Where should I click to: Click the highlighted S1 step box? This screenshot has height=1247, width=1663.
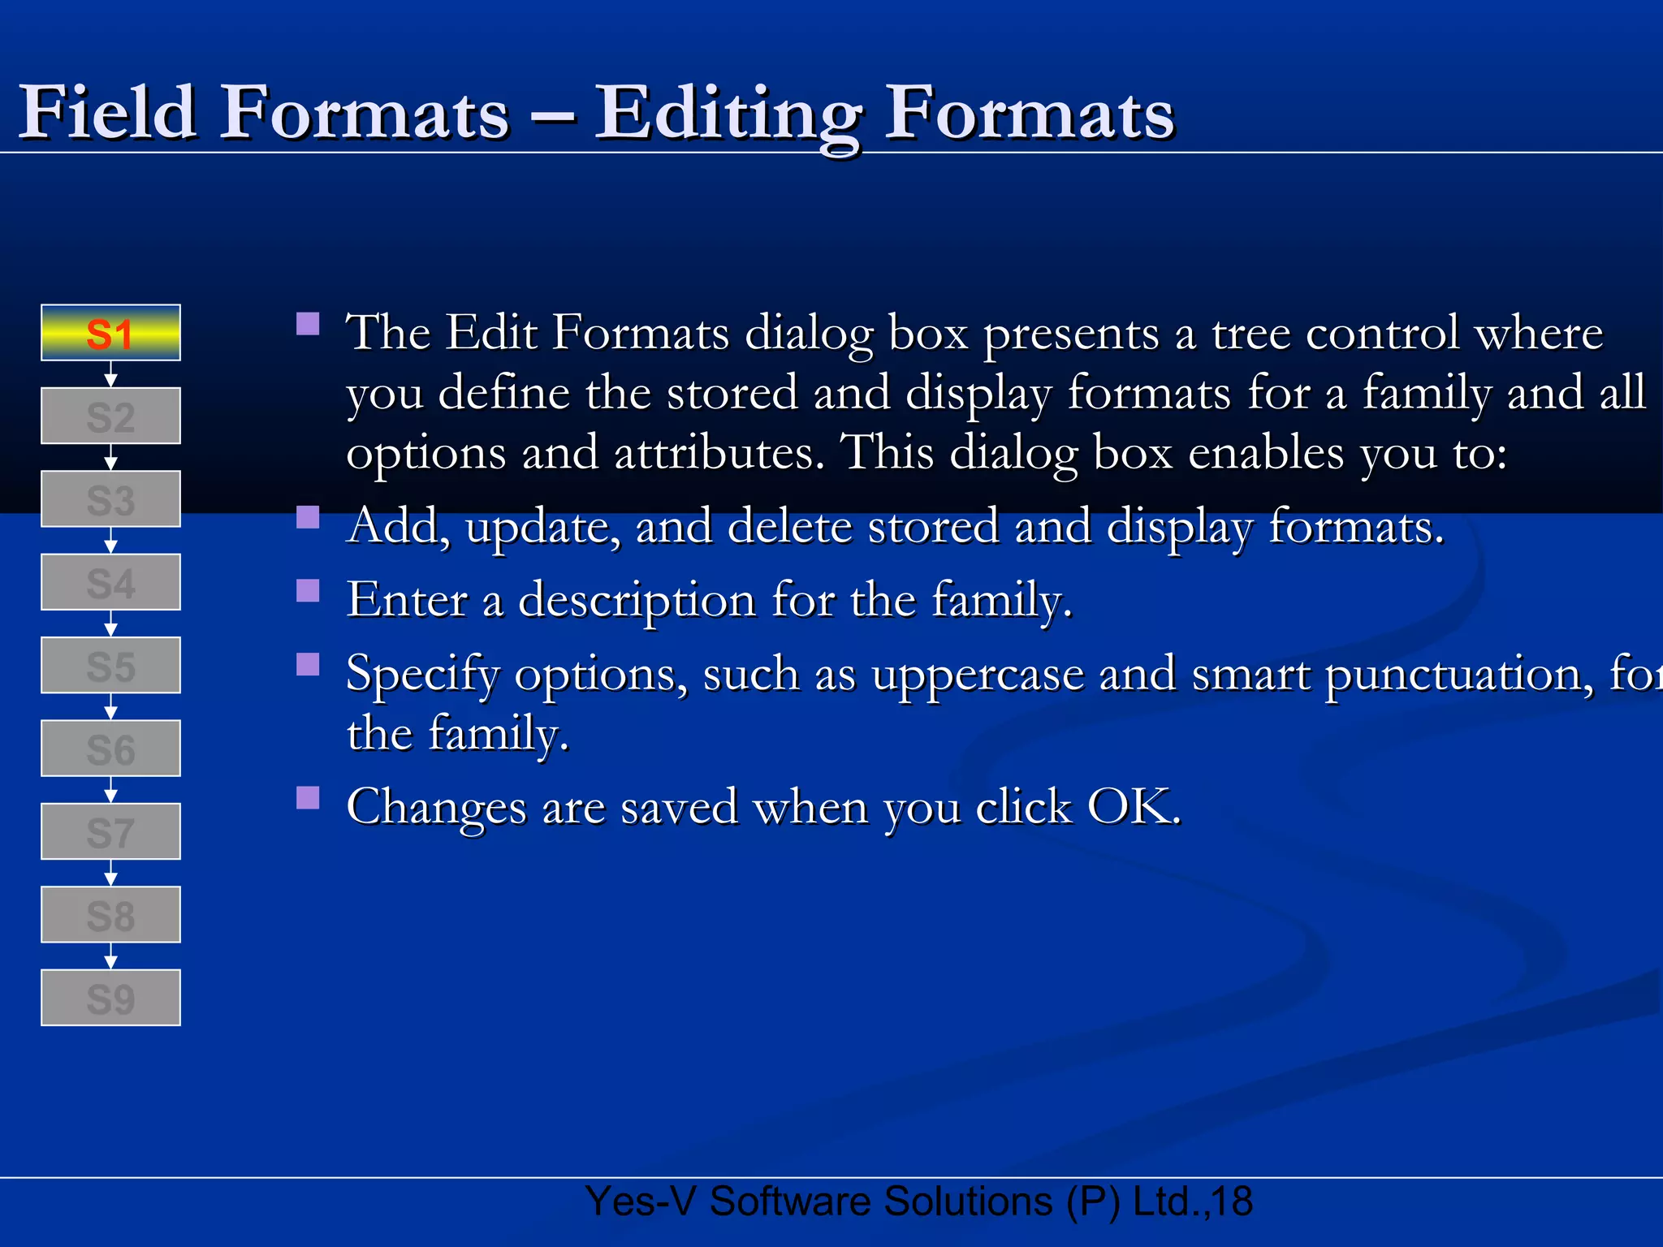click(x=110, y=333)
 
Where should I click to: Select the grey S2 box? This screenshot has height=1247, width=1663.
click(x=110, y=416)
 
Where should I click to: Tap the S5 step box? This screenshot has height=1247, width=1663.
click(x=110, y=666)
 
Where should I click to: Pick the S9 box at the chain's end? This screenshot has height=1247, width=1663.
click(x=110, y=998)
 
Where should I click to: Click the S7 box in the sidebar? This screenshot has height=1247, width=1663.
click(x=110, y=832)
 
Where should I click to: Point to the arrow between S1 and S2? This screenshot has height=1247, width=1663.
click(x=111, y=374)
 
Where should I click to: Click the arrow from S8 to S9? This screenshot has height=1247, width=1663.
click(x=111, y=956)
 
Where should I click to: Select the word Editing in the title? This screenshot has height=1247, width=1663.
click(x=728, y=114)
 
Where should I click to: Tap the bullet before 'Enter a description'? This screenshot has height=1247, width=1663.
click(x=308, y=590)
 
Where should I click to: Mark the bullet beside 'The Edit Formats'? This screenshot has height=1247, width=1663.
click(x=308, y=324)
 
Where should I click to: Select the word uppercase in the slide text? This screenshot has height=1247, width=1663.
click(x=977, y=674)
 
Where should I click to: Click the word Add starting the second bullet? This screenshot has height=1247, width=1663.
click(x=397, y=526)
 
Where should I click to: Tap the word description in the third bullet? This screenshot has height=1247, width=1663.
click(x=637, y=601)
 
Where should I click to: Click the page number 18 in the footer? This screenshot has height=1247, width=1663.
click(x=1232, y=1202)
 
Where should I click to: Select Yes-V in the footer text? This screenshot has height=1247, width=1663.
click(x=641, y=1202)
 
